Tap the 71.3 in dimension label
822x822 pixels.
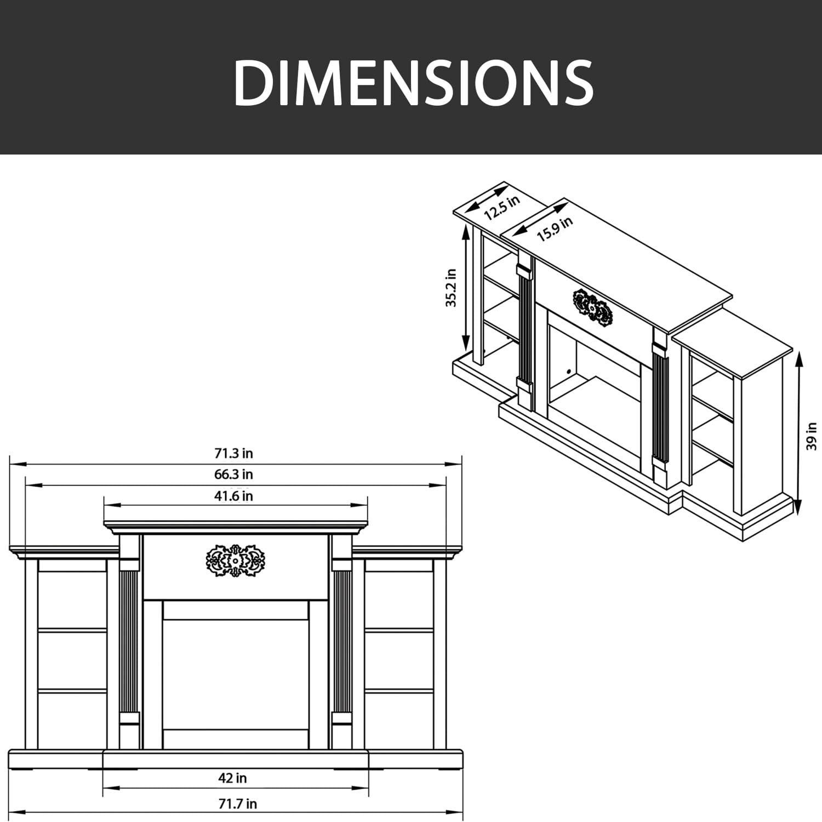233,453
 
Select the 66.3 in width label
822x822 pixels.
233,474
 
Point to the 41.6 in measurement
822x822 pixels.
233,496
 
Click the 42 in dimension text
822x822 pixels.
232,778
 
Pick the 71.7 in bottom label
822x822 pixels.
236,804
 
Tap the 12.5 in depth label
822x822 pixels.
502,208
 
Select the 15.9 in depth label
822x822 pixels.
555,229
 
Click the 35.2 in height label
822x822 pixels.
451,288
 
